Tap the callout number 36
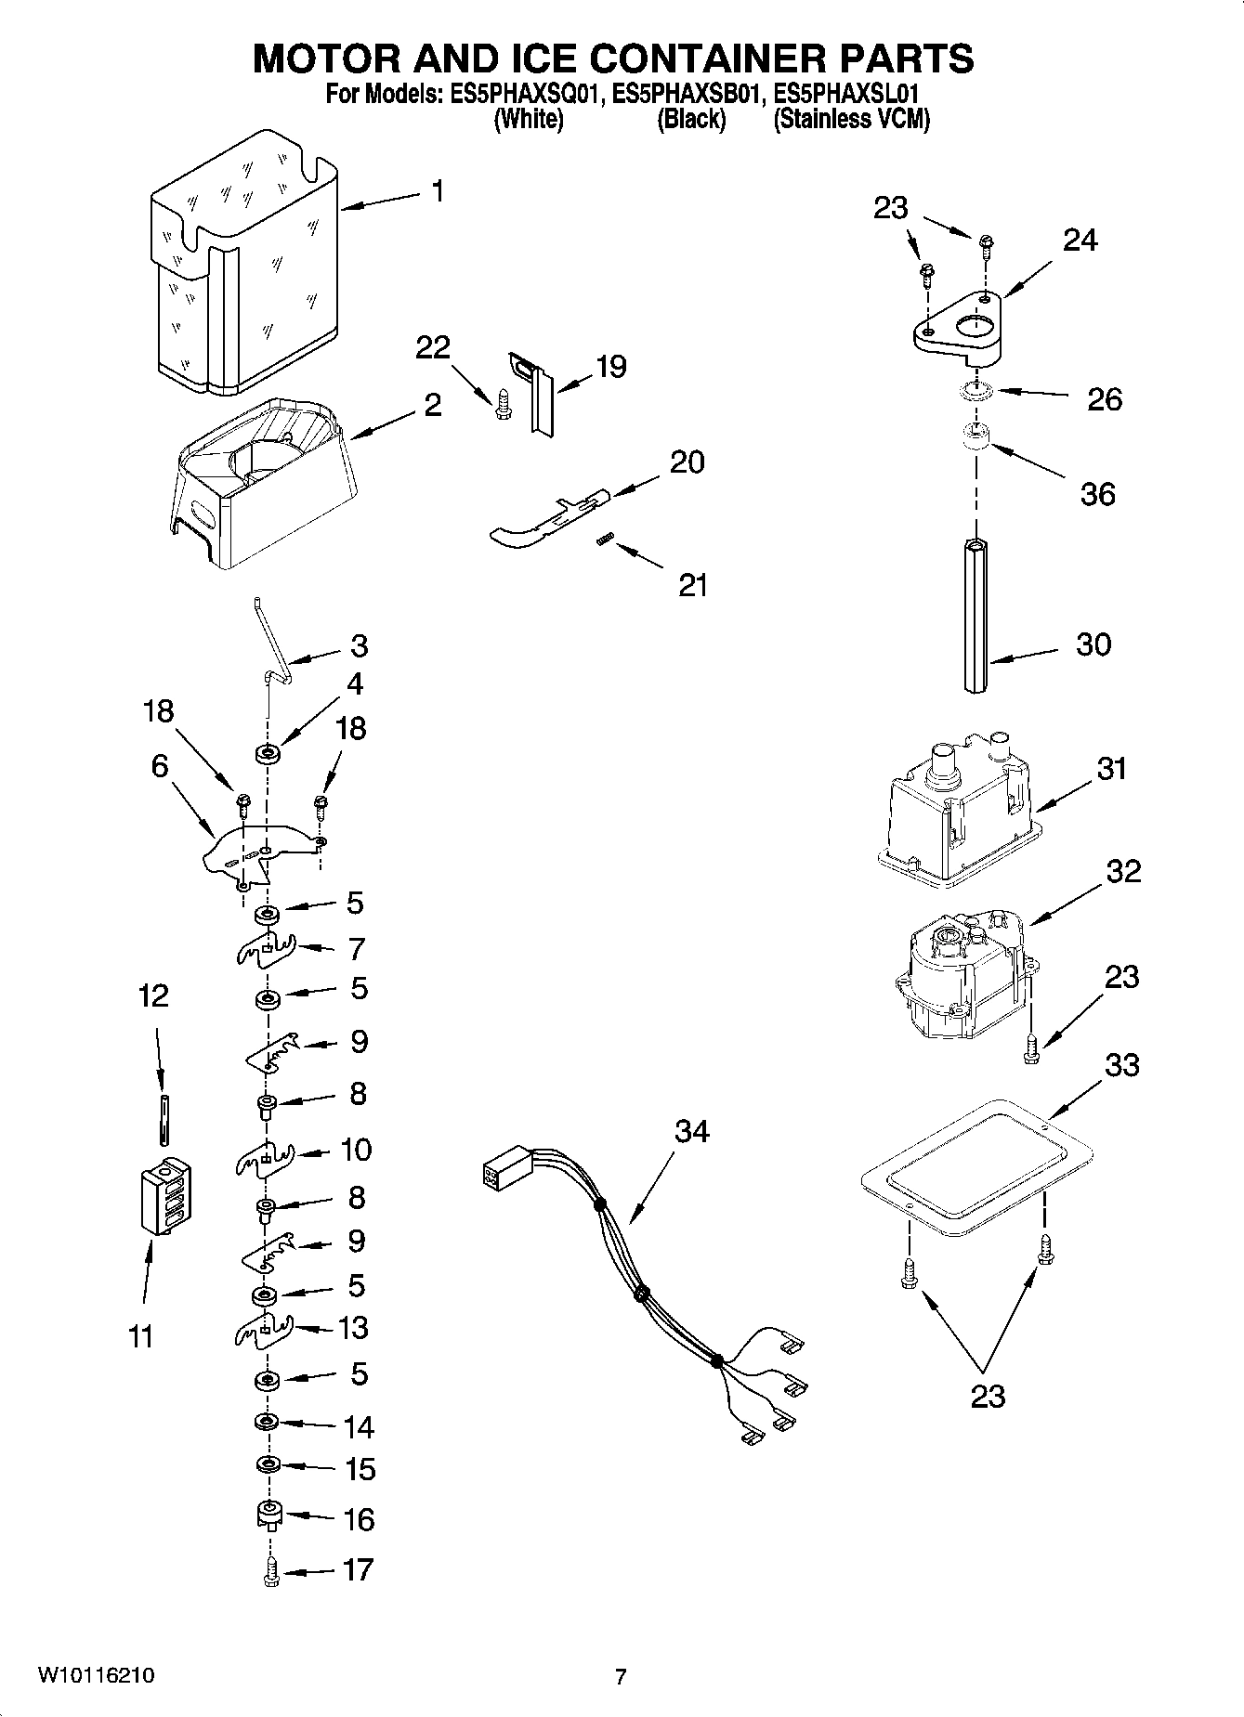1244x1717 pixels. [x=1097, y=494]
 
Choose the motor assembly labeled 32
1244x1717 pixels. [x=962, y=975]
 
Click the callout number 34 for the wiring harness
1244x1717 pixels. [x=691, y=1131]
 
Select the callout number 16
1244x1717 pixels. [x=359, y=1520]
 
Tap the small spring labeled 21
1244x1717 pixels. [x=605, y=540]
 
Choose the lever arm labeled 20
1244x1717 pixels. [x=548, y=520]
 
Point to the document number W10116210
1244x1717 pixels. [x=96, y=1676]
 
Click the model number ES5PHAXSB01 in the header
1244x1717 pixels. [x=689, y=94]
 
